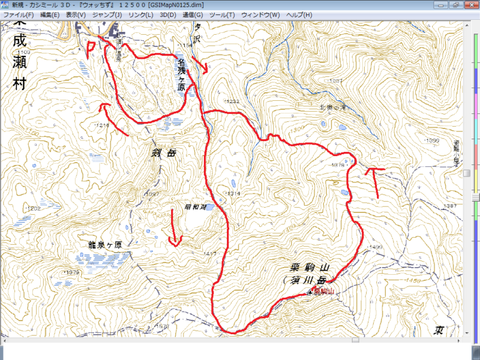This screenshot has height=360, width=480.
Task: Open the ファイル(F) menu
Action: (18, 14)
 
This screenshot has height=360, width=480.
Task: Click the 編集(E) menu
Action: (50, 14)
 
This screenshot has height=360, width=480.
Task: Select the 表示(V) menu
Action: (76, 14)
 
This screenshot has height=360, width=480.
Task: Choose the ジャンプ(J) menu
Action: (107, 14)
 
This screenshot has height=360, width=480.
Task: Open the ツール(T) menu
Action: (221, 14)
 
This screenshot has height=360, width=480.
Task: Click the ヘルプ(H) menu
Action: (299, 14)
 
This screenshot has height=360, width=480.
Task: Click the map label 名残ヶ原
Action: (181, 74)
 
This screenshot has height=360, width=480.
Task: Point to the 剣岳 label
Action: (164, 153)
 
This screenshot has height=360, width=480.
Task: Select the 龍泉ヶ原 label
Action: (109, 245)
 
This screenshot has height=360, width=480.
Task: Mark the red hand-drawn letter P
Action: (91, 48)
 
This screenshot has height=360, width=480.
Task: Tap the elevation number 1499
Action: (376, 247)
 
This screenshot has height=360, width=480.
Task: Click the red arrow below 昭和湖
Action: (175, 231)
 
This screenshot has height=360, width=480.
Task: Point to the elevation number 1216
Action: (102, 125)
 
